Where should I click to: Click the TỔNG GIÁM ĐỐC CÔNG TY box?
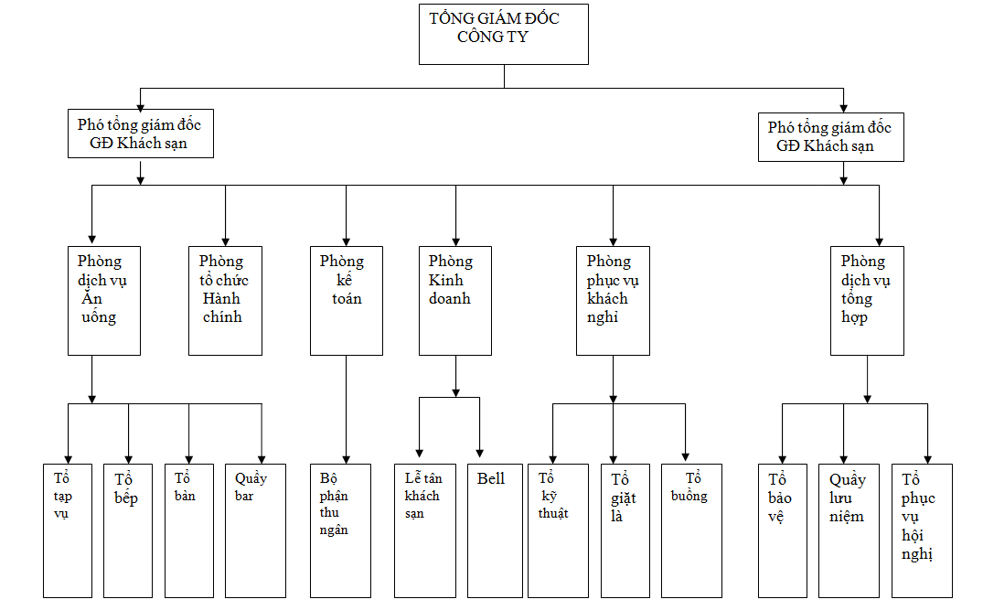tap(503, 34)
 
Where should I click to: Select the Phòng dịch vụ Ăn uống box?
tap(104, 300)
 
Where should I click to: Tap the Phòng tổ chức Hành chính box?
tap(225, 300)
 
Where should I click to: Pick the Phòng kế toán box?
tap(346, 300)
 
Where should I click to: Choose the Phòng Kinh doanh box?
tap(455, 300)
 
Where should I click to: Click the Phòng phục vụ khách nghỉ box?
tap(613, 300)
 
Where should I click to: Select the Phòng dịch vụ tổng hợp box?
tap(867, 300)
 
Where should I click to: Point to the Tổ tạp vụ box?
tap(68, 530)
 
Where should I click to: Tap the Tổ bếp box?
tap(128, 530)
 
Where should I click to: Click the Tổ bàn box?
tap(188, 530)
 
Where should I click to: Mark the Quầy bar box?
tap(256, 530)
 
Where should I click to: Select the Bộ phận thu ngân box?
tap(341, 530)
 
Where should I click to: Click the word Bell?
tap(490, 478)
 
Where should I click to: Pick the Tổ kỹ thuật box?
tap(553, 530)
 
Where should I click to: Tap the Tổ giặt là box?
tap(625, 530)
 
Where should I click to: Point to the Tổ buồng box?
tap(691, 530)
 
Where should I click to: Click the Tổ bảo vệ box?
tap(783, 530)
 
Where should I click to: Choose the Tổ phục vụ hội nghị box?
tap(922, 530)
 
